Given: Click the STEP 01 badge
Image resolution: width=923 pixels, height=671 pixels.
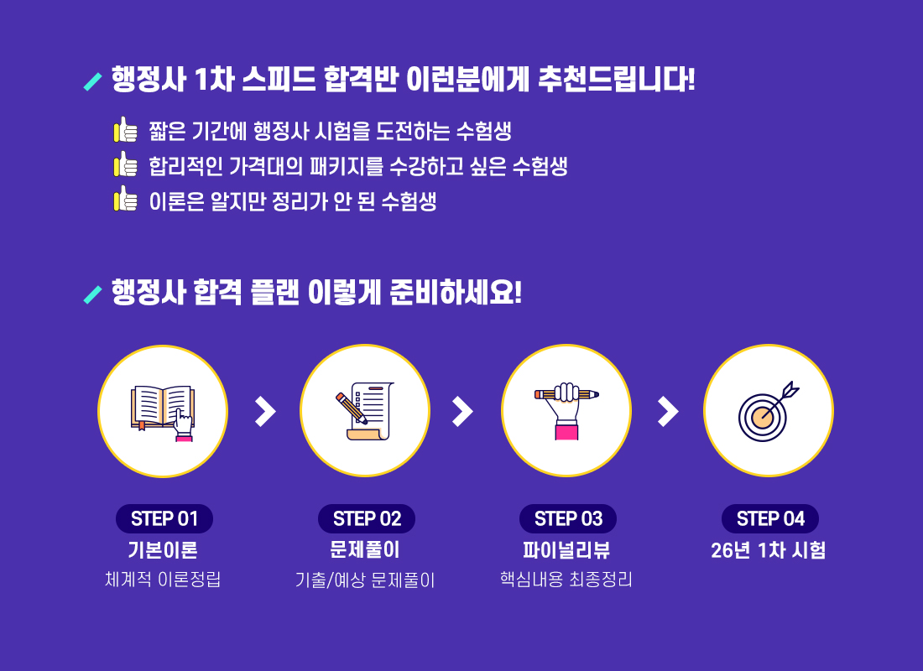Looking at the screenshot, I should tap(164, 518).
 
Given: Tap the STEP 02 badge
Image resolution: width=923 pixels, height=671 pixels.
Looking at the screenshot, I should tap(367, 518).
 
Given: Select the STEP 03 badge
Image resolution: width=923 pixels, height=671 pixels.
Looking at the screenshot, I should tap(568, 518).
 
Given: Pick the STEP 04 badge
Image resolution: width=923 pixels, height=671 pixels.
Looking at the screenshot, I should tap(770, 518).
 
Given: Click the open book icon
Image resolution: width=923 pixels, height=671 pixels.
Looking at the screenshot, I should tap(163, 411).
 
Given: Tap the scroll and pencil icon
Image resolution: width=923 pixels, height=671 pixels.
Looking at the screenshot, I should tap(365, 411).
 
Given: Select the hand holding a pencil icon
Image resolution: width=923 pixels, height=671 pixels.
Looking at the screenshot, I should tap(566, 411).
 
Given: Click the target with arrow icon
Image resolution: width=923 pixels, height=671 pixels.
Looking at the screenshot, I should tap(768, 411).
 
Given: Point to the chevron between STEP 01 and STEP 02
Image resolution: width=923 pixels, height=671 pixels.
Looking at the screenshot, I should tap(265, 411).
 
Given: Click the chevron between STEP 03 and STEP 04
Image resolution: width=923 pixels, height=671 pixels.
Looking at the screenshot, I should tap(668, 411).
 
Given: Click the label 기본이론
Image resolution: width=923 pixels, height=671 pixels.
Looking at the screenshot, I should tap(163, 550).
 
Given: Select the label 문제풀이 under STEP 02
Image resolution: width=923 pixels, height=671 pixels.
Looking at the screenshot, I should tap(365, 550).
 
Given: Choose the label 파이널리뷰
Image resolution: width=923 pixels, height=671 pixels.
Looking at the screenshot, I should tap(566, 550).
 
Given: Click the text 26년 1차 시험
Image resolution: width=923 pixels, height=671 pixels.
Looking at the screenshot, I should tap(769, 550).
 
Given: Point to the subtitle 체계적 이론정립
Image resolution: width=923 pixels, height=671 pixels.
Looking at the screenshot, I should tap(163, 580).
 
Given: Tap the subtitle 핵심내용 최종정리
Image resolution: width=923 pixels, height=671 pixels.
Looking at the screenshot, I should tap(566, 580).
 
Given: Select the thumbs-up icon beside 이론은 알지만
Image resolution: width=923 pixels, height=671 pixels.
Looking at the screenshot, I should tap(125, 200).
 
